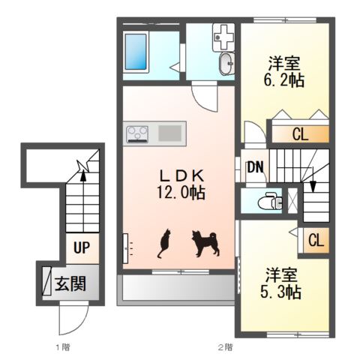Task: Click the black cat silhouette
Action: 163,243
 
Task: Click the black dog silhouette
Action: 205,243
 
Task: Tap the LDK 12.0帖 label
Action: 181,184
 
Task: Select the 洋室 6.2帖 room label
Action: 284,72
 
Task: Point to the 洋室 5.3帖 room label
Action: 281,283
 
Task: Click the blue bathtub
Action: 136,52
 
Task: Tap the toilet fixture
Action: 270,201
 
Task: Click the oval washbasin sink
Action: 226,64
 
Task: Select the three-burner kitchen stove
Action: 137,134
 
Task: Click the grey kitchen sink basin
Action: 170,133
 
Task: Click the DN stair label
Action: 255,167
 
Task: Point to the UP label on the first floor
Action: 82,247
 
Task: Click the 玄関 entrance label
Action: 70,283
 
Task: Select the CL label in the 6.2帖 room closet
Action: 300,134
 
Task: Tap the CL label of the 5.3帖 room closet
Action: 316,241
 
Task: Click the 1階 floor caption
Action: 63,347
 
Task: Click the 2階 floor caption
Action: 225,347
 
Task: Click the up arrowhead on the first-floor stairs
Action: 83,175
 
